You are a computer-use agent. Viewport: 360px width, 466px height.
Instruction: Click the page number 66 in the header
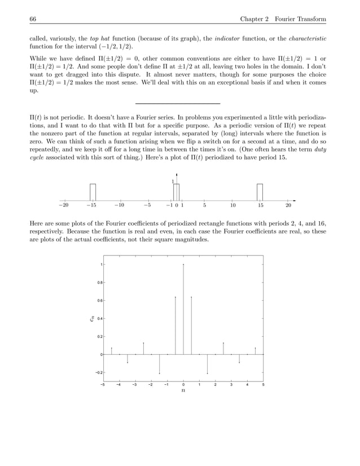pyautogui.click(x=33, y=20)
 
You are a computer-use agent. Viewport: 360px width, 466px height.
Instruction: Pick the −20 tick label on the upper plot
pyautogui.click(x=65, y=206)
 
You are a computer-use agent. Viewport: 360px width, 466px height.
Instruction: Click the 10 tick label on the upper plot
pyautogui.click(x=232, y=206)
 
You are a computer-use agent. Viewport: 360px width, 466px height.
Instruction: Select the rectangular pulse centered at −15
pyautogui.click(x=93, y=192)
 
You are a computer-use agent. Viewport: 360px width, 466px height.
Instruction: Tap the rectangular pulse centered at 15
pyautogui.click(x=260, y=192)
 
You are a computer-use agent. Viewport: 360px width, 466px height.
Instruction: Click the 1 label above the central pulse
pyautogui.click(x=173, y=181)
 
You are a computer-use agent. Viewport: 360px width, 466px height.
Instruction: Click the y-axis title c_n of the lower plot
pyautogui.click(x=91, y=319)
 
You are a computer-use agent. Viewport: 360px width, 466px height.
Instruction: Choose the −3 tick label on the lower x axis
pyautogui.click(x=134, y=385)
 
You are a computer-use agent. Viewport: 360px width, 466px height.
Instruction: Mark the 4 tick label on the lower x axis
pyautogui.click(x=247, y=385)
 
